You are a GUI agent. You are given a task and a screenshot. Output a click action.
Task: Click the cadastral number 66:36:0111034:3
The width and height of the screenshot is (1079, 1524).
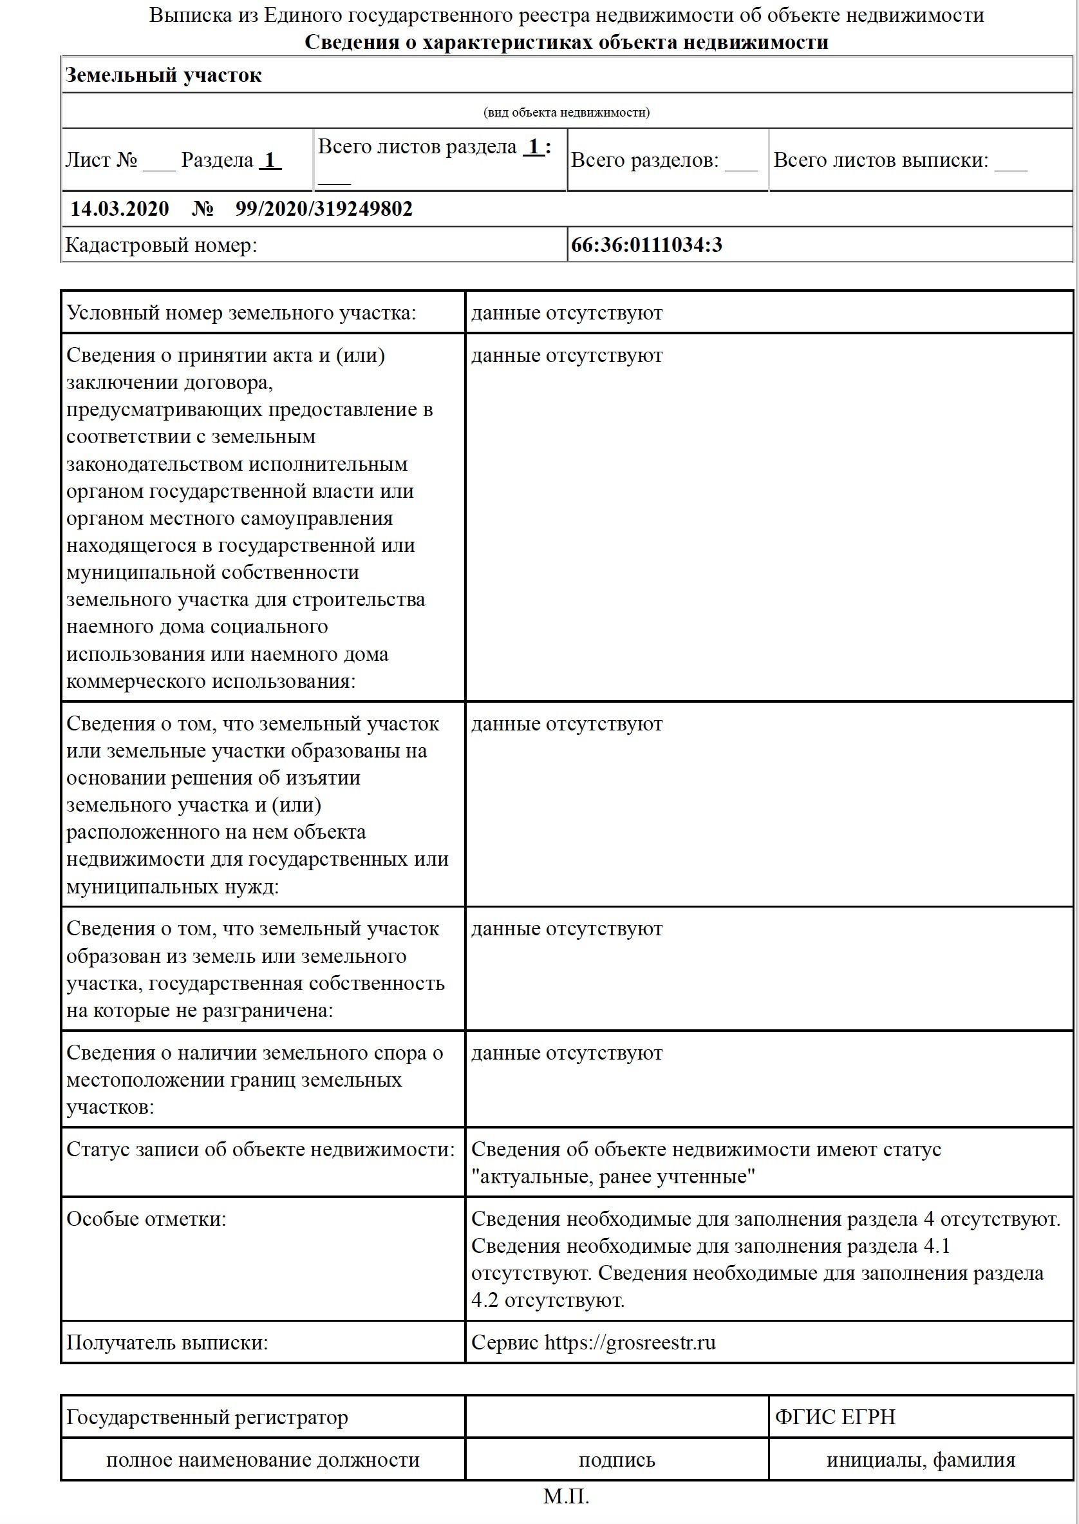(x=646, y=245)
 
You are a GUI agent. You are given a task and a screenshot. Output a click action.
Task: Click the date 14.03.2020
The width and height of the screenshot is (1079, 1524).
(x=120, y=209)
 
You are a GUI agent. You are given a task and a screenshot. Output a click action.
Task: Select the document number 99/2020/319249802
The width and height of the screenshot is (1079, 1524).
(x=324, y=209)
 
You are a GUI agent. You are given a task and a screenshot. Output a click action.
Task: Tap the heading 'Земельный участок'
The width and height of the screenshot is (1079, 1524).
(x=164, y=75)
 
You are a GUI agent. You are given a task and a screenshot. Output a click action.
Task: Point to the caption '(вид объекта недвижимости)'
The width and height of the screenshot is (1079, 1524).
(x=566, y=112)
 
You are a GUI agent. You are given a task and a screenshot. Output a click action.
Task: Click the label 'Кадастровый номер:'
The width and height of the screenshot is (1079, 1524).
(x=161, y=245)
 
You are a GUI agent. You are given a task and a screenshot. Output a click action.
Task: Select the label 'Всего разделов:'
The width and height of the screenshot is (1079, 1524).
(x=644, y=160)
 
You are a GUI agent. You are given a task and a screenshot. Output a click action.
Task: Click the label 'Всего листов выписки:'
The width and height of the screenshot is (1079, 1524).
(x=880, y=160)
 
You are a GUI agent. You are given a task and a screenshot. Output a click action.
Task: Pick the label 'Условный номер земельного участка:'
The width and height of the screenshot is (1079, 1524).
(x=241, y=312)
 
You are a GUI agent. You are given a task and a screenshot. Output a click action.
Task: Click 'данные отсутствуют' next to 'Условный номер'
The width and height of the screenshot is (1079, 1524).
(x=567, y=312)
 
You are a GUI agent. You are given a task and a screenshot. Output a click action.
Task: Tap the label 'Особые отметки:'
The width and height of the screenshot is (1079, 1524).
(x=146, y=1218)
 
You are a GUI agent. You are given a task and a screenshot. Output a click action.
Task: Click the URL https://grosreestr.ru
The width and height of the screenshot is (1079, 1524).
(x=630, y=1342)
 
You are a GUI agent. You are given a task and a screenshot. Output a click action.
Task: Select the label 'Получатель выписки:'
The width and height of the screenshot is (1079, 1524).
(x=167, y=1342)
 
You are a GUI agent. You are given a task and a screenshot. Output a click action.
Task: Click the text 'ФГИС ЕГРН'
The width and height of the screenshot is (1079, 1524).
(x=834, y=1416)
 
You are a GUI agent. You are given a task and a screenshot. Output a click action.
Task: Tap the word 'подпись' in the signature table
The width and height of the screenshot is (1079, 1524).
(x=617, y=1460)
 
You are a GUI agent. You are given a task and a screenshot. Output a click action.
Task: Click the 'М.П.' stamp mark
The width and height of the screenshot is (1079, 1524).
(x=566, y=1496)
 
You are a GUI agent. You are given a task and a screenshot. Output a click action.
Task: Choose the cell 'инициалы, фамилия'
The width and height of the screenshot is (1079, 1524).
(x=920, y=1460)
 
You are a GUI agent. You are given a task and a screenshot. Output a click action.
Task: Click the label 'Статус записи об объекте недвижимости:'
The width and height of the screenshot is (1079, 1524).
(x=261, y=1149)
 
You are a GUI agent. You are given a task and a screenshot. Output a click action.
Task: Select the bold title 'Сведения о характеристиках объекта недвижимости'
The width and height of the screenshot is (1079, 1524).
(x=566, y=43)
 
